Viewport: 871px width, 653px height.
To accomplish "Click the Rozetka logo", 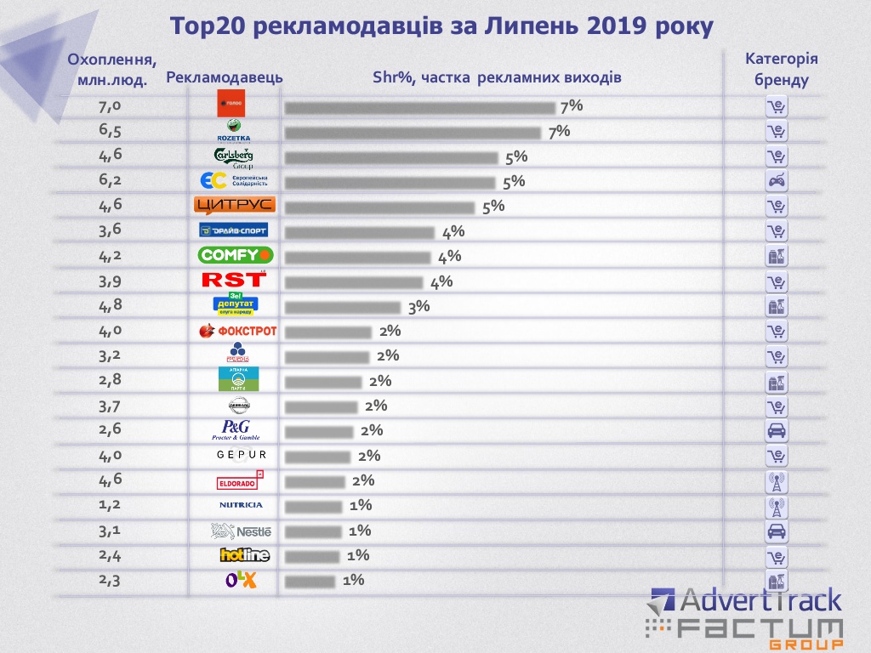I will click(234, 130).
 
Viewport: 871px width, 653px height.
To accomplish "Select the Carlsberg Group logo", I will click(234, 156).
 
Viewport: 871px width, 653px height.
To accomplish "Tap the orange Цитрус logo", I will click(234, 205).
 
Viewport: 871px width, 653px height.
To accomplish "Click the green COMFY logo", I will click(236, 254).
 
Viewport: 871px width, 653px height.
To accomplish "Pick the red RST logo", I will click(234, 279).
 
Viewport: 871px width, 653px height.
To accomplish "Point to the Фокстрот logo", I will click(237, 331).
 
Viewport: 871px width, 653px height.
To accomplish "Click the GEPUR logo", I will click(242, 455).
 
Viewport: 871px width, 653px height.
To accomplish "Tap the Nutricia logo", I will click(241, 505).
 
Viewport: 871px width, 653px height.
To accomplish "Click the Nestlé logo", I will click(242, 531).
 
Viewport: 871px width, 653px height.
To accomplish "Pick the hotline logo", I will click(244, 555).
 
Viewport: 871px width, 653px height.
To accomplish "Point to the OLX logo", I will click(241, 580).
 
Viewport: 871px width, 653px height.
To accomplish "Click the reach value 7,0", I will click(111, 106).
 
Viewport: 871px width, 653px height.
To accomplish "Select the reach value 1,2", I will click(111, 504).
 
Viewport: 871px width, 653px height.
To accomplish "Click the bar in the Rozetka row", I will click(413, 133).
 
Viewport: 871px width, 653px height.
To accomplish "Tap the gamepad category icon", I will click(776, 180).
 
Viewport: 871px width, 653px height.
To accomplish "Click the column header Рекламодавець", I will click(225, 77).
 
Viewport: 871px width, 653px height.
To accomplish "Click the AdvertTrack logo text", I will click(761, 601).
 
